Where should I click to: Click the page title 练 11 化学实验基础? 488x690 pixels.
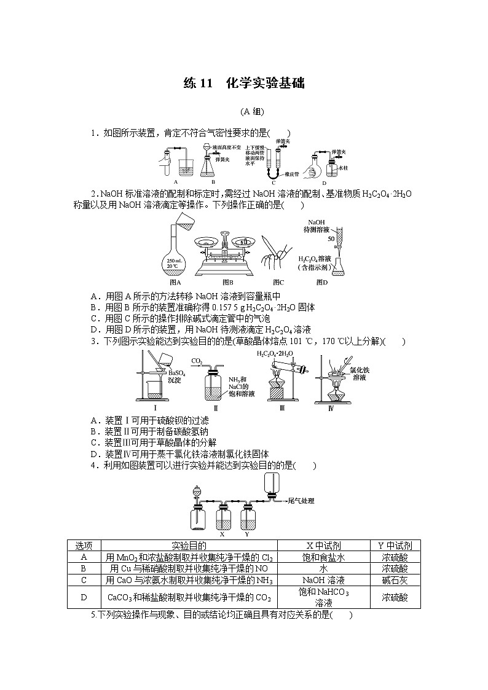tap(244, 84)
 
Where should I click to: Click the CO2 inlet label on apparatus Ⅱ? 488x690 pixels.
tap(197, 361)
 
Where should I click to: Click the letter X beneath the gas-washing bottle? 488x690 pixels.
tap(221, 534)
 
